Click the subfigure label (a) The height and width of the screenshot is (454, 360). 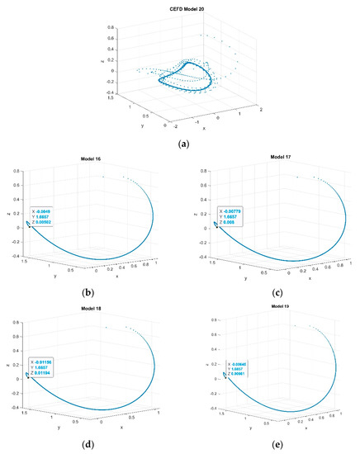tap(179, 144)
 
